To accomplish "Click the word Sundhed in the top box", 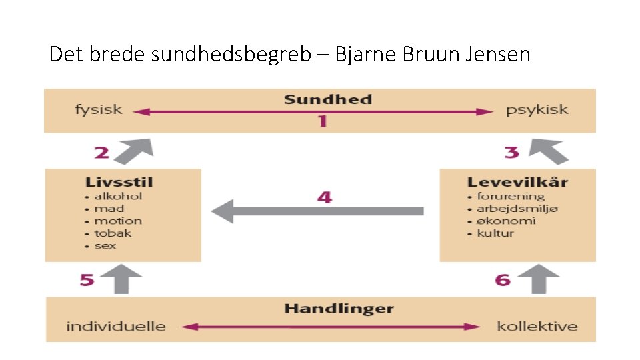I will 327,100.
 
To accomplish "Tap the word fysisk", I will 99,110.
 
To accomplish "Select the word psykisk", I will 537,110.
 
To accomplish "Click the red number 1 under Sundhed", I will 322,121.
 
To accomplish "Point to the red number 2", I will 101,153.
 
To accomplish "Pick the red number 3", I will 511,153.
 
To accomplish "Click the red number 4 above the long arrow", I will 324,197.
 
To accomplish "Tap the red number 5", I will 87,279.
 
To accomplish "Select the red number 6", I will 503,279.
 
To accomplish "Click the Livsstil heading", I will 119,182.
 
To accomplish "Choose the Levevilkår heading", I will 517,182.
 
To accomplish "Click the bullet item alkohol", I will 118,196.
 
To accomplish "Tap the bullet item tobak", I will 113,233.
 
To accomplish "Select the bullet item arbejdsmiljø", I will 517,209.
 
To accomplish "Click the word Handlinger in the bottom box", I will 339,309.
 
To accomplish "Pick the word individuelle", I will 116,326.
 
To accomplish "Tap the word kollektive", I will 537,326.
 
